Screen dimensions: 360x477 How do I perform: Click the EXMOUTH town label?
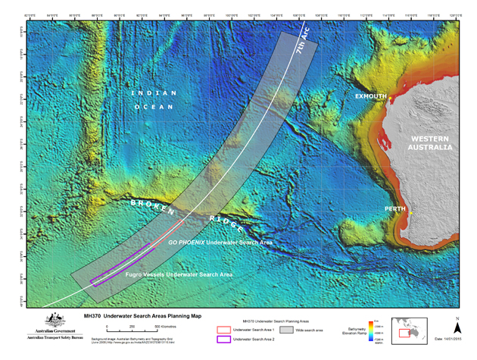tap(372, 96)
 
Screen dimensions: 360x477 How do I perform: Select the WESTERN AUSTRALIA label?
tap(432, 143)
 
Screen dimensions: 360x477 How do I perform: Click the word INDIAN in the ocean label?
tap(154, 92)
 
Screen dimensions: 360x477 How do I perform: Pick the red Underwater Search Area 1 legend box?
tap(222, 330)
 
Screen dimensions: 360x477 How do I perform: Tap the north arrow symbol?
tap(457, 324)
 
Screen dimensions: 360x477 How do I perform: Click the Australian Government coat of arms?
tap(52, 321)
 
